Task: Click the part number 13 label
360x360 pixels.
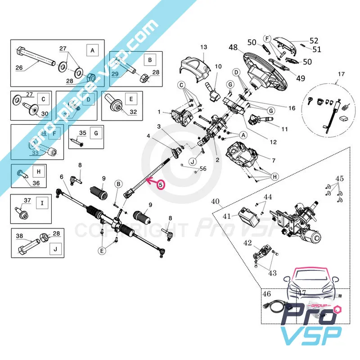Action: click(203, 47)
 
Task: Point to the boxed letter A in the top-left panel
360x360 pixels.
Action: click(93, 51)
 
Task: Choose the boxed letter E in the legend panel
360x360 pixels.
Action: click(131, 98)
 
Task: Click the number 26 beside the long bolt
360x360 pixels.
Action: click(19, 68)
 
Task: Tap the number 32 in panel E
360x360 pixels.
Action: click(133, 112)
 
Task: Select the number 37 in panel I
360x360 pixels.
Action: click(27, 200)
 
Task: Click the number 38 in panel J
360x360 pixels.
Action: click(19, 236)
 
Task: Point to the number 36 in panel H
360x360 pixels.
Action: click(36, 183)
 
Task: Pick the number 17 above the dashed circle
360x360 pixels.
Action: click(341, 73)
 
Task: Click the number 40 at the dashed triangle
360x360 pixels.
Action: click(216, 201)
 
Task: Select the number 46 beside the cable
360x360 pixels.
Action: click(267, 294)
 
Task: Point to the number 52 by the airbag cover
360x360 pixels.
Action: click(314, 40)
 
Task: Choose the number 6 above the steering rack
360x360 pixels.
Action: click(62, 177)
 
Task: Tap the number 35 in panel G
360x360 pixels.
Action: click(82, 133)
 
